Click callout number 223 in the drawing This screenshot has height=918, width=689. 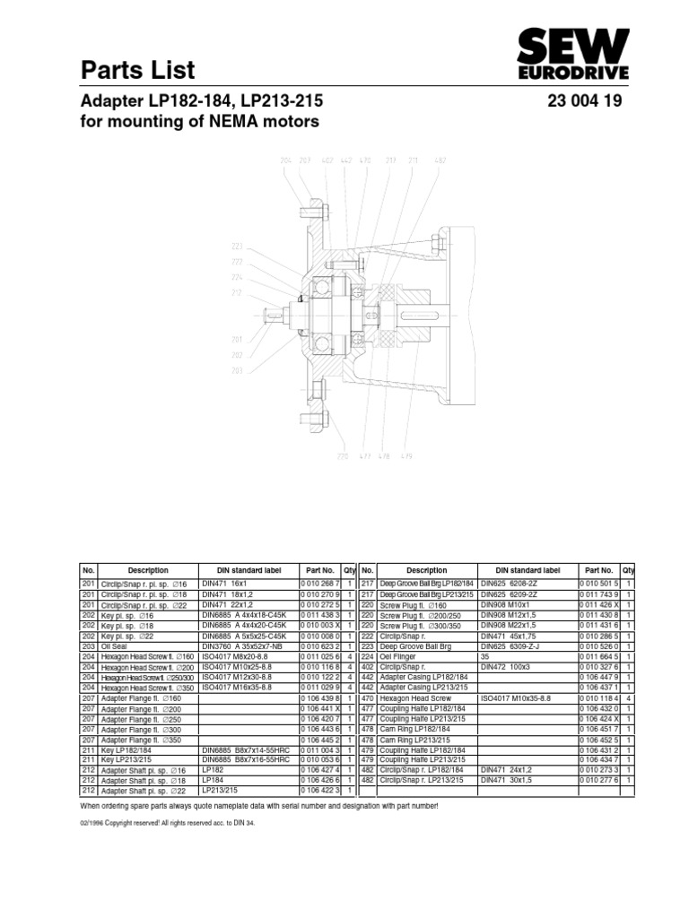click(237, 245)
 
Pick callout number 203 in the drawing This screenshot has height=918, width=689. click(237, 368)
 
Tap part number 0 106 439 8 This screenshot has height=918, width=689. click(319, 697)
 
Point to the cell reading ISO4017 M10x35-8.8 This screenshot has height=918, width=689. click(516, 697)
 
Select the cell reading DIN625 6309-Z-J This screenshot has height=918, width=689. click(513, 645)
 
